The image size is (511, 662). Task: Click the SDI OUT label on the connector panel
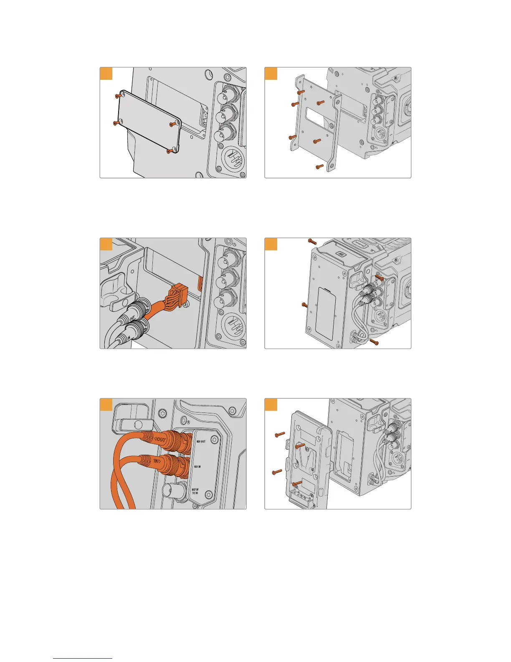point(200,441)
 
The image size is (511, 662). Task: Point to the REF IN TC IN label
point(195,491)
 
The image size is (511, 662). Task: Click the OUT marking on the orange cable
point(160,440)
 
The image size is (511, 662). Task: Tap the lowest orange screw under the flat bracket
point(320,167)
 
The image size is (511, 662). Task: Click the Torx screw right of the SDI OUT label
point(215,440)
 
